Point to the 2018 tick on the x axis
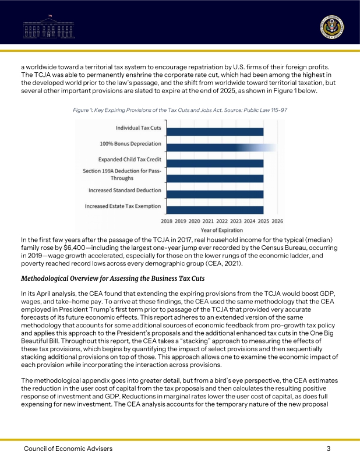167,221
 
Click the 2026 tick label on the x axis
277,221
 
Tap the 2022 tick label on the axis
222,221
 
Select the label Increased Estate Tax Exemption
123,206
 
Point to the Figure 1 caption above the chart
179,110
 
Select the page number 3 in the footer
329,449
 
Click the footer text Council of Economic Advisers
68,449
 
